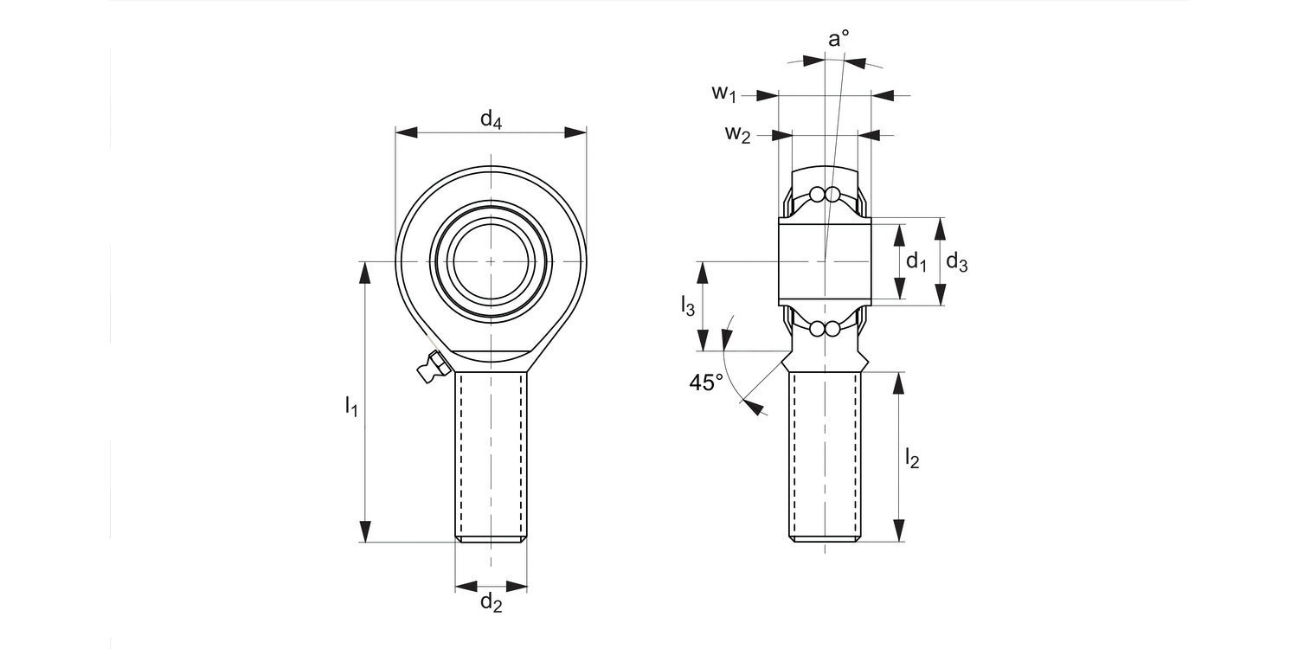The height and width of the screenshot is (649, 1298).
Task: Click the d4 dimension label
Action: click(x=491, y=119)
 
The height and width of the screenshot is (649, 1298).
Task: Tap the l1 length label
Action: click(x=350, y=405)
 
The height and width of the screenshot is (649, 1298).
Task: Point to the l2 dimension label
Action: click(x=911, y=458)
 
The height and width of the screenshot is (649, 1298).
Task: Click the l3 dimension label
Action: click(x=688, y=305)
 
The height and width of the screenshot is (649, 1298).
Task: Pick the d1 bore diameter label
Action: click(x=916, y=261)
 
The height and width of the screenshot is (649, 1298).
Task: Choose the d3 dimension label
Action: click(x=956, y=261)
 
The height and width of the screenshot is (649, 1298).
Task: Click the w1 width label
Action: click(x=724, y=93)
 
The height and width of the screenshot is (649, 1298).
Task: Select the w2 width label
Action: click(x=737, y=133)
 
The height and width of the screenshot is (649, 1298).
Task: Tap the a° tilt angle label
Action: click(x=839, y=39)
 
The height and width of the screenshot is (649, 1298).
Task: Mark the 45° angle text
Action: click(x=706, y=382)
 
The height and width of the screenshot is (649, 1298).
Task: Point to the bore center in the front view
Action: click(x=492, y=260)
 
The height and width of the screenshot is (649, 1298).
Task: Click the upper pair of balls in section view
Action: click(x=824, y=194)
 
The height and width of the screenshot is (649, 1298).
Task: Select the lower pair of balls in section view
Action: click(x=824, y=329)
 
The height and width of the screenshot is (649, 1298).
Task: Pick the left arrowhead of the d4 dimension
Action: click(x=407, y=132)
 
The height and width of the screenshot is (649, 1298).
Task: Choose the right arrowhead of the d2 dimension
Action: click(x=517, y=586)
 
